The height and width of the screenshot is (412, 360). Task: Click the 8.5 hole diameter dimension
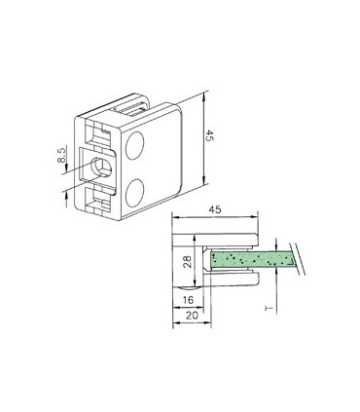(x=61, y=159)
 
